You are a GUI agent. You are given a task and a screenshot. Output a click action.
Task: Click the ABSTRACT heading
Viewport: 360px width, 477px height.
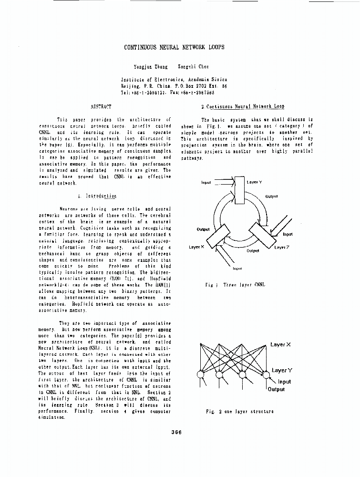click(101, 106)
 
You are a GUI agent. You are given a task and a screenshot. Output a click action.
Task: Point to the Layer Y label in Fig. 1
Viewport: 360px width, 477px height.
click(254, 182)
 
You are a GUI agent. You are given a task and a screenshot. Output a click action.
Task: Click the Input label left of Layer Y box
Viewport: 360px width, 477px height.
click(206, 182)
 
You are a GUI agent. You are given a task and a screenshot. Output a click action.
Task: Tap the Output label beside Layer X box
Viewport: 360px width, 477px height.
click(204, 229)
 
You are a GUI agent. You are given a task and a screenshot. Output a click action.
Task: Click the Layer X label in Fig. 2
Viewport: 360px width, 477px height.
click(280, 344)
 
